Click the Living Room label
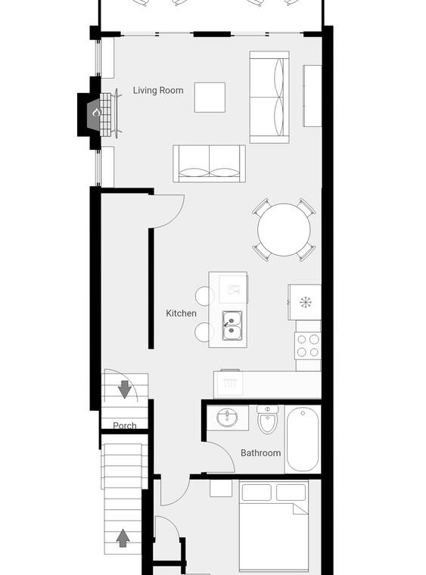tap(158, 91)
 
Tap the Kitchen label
tap(181, 313)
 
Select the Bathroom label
tap(260, 453)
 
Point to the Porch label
tap(125, 425)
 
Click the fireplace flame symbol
tap(96, 113)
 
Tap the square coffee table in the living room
tap(210, 97)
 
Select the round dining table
tap(284, 230)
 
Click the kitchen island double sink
tap(232, 325)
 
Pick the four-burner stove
tap(308, 346)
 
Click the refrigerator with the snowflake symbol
tap(305, 302)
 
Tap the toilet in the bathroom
tap(268, 419)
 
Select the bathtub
tap(303, 440)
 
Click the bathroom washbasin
tap(227, 418)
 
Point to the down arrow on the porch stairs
tap(125, 390)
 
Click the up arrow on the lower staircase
tap(123, 538)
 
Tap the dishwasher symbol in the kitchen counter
tap(230, 384)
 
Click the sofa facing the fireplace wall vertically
tap(269, 97)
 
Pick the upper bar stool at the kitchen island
tap(204, 296)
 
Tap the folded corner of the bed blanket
tap(300, 509)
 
